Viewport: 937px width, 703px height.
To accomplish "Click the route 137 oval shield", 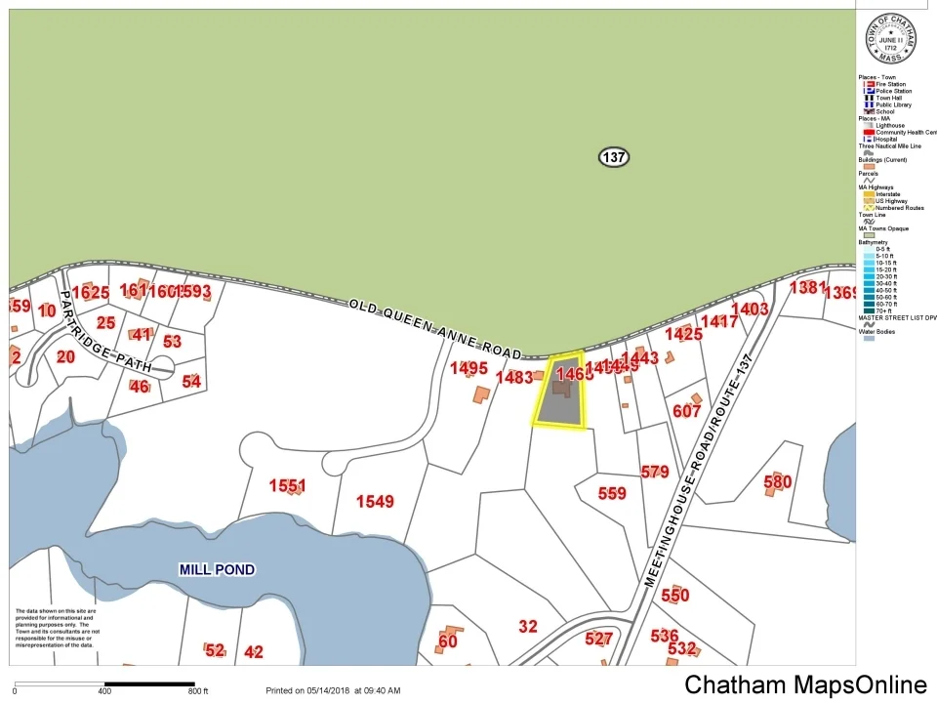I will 614,157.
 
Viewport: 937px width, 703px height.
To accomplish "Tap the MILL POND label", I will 217,569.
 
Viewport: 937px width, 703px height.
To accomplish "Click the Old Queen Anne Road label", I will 435,329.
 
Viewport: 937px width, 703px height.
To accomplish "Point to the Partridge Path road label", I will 105,330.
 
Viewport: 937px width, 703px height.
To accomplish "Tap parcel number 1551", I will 288,485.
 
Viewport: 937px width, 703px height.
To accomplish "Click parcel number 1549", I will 375,502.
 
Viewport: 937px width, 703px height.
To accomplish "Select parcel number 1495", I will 468,368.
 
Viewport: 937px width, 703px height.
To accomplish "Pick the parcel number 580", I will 777,481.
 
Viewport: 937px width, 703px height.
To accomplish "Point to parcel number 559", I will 612,493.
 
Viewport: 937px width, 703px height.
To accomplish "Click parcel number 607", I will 687,411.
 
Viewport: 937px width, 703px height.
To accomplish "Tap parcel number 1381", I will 807,287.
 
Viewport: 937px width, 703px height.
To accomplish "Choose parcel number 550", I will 674,595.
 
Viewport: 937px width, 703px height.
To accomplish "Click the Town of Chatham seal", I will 891,40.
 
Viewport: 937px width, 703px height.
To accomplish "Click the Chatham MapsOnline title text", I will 805,684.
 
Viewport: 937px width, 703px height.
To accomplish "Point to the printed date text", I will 333,690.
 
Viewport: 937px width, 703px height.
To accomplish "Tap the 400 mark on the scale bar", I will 104,691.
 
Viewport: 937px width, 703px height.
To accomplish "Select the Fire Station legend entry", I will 889,84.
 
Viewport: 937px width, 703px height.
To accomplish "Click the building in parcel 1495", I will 481,394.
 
